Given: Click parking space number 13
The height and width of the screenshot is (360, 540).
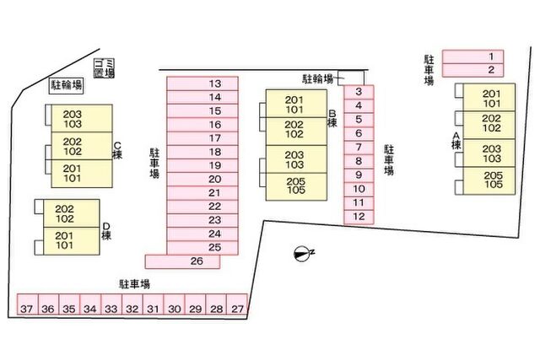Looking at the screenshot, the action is coord(202,83).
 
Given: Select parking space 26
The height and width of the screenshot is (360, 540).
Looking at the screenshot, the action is coord(182,261).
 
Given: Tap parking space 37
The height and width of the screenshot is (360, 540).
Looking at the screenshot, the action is coord(28,304).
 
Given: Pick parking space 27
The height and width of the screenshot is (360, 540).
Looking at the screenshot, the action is coord(237,304).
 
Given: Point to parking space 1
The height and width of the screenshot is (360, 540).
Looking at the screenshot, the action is coord(472,56).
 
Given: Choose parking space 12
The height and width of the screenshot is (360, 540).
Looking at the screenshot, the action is coord(359,218).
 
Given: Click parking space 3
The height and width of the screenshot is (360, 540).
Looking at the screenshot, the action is coord(359,92).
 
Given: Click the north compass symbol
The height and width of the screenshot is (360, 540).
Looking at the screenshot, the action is coord(302,254).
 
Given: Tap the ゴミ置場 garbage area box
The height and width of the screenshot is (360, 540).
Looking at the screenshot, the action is coord(105,68).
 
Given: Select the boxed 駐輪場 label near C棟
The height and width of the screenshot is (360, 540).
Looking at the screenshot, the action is coord(67,84).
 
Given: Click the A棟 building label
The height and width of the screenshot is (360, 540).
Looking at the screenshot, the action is coord(456,141).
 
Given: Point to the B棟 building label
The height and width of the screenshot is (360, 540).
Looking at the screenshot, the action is coord(332,118).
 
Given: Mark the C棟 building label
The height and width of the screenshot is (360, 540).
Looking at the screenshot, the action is coord(117,150).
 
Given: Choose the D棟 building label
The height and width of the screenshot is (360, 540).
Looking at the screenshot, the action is coord(106,231).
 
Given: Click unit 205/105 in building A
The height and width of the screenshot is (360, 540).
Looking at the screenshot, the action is coord(489,180).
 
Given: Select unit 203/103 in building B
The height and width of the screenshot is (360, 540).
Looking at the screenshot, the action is coord(296,159).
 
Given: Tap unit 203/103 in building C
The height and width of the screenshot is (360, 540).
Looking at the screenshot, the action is coord(82,118).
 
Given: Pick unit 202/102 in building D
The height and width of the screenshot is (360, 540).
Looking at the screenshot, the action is coord(72,213).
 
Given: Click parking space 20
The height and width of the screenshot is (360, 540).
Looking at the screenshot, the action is coord(202,180).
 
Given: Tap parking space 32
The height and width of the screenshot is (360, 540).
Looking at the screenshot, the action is coord(132,304).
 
